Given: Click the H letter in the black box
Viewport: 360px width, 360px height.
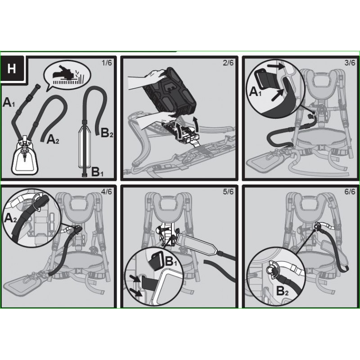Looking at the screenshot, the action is click(x=12, y=68).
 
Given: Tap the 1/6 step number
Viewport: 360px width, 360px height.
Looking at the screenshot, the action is click(x=107, y=63).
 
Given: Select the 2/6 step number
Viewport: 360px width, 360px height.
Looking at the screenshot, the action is click(x=228, y=63).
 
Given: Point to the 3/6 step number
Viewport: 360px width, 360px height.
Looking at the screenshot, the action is click(x=350, y=63).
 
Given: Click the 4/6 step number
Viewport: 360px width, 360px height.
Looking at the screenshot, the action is click(x=107, y=191).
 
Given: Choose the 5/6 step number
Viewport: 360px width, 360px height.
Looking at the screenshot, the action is click(x=228, y=191).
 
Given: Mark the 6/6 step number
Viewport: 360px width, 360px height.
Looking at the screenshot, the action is click(x=350, y=191).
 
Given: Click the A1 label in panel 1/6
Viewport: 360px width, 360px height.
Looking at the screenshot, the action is click(x=9, y=103).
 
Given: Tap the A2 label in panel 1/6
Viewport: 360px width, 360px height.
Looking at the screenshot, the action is click(x=53, y=139).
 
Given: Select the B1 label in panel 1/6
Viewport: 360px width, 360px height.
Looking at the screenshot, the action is click(x=97, y=171).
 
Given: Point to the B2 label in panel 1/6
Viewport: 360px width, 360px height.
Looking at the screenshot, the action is click(x=107, y=133).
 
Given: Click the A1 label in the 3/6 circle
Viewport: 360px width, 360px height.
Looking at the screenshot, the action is click(x=255, y=92).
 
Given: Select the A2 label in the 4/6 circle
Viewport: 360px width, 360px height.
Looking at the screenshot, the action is click(x=10, y=218).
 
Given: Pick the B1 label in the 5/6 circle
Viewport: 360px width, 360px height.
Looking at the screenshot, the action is click(x=171, y=261).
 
